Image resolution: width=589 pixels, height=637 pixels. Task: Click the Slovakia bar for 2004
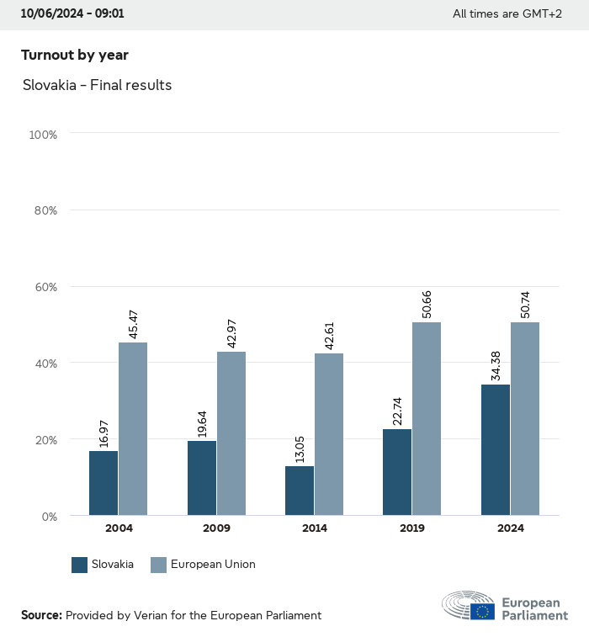[103, 483]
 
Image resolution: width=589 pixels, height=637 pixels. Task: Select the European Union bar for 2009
[231, 433]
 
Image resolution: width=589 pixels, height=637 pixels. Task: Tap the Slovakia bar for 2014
[300, 491]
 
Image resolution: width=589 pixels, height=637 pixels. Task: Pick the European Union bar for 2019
[427, 418]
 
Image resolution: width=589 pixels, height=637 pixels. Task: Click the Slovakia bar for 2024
[496, 449]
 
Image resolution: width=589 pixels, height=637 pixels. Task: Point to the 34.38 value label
[496, 363]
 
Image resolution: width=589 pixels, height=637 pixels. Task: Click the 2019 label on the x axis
[412, 528]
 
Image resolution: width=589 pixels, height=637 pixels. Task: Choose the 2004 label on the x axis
[119, 528]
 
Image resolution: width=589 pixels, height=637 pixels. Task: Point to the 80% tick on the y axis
[44, 210]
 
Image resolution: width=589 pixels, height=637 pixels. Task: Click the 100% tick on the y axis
[42, 134]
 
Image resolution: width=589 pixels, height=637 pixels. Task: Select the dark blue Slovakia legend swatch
[80, 565]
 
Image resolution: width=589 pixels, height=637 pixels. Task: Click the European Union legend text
[213, 565]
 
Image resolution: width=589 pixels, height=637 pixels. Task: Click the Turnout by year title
[75, 55]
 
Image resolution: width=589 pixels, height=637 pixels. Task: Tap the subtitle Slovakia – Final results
[98, 85]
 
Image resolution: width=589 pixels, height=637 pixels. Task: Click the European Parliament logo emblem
[469, 606]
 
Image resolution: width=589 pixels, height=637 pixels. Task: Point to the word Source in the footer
[41, 615]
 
